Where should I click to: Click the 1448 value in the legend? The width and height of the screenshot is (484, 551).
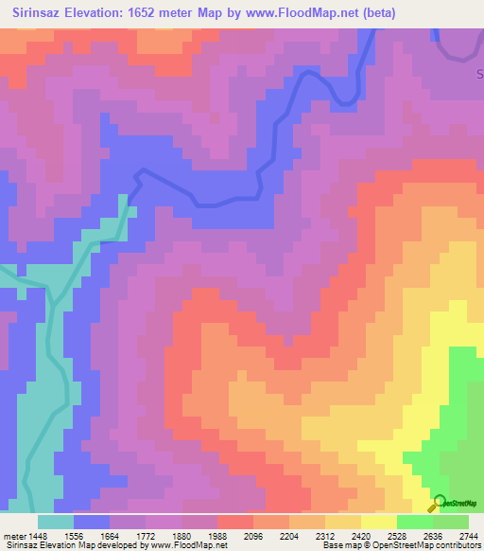tap(37, 535)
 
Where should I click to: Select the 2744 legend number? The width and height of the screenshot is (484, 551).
tap(468, 535)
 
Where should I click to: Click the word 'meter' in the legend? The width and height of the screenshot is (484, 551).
tap(14, 535)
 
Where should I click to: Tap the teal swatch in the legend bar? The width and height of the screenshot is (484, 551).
tap(56, 522)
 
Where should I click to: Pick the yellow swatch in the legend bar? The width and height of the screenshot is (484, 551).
tap(378, 522)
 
